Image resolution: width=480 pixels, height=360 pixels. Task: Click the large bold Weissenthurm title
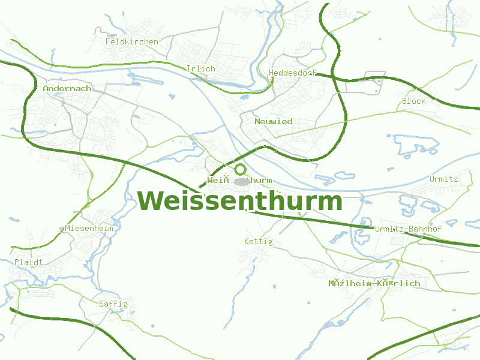[x=240, y=201]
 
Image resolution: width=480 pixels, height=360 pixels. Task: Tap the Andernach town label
[x=67, y=89]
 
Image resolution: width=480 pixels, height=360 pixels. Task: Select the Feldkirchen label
[x=132, y=42]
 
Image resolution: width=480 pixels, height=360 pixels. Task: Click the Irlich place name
[x=200, y=69]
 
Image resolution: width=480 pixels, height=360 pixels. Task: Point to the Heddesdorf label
[x=292, y=73]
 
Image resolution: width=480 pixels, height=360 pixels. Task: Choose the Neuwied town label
[x=274, y=122]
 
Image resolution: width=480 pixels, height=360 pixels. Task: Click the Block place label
[x=413, y=101]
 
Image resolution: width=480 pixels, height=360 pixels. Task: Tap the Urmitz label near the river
[x=443, y=179]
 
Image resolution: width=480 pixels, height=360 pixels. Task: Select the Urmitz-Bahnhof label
[x=408, y=229]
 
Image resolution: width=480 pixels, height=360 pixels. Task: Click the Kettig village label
[x=258, y=242]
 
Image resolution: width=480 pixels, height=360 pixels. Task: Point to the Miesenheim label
[x=89, y=229]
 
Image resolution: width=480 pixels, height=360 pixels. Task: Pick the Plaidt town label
[x=29, y=263]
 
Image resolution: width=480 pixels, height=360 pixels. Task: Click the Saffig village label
[x=113, y=304]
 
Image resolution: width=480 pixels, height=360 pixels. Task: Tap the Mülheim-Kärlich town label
[x=374, y=283]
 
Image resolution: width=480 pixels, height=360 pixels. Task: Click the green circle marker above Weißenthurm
[x=240, y=170]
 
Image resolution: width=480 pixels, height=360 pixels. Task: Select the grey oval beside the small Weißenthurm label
[x=242, y=181]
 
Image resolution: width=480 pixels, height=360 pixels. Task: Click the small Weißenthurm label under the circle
[x=239, y=181]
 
